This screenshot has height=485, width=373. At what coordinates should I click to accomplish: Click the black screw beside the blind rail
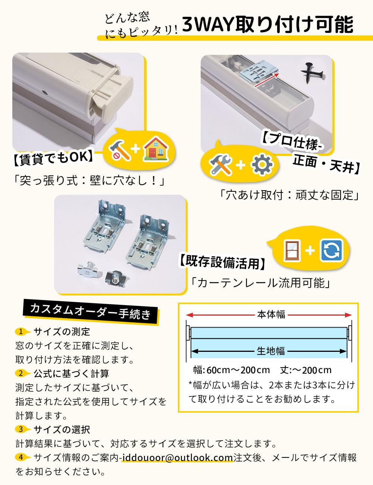click(312, 73)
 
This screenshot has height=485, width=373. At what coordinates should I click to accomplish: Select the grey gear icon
click(262, 165)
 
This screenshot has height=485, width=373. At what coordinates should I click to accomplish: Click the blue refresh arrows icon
click(331, 250)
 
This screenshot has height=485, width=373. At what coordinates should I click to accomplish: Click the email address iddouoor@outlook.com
click(178, 457)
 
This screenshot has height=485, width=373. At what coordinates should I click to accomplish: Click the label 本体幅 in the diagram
click(271, 315)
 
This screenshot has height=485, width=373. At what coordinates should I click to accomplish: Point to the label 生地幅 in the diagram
click(271, 351)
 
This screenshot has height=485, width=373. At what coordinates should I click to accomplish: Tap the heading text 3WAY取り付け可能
click(268, 25)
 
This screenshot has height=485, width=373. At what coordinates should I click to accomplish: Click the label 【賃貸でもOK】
click(53, 158)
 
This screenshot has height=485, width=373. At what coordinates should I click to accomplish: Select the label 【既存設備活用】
click(223, 263)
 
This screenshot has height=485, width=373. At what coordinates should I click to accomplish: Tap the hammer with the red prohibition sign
click(119, 149)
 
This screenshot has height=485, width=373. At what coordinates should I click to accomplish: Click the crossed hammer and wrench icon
click(220, 165)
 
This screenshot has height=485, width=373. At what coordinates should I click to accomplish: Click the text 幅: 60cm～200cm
click(232, 370)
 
